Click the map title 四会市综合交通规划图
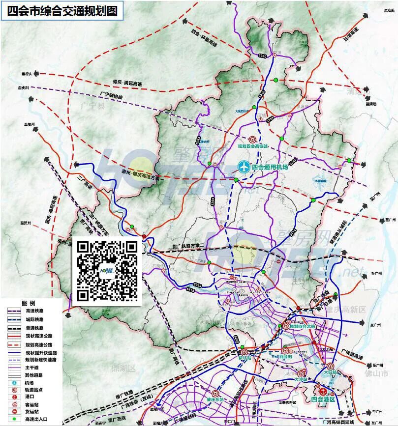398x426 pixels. coord(62,11)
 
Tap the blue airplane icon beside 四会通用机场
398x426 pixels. coord(243,167)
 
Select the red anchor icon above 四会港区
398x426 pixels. coord(323,392)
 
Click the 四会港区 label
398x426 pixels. coord(323,400)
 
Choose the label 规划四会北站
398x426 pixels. coord(301,326)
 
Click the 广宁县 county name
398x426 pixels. coord(93,105)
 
